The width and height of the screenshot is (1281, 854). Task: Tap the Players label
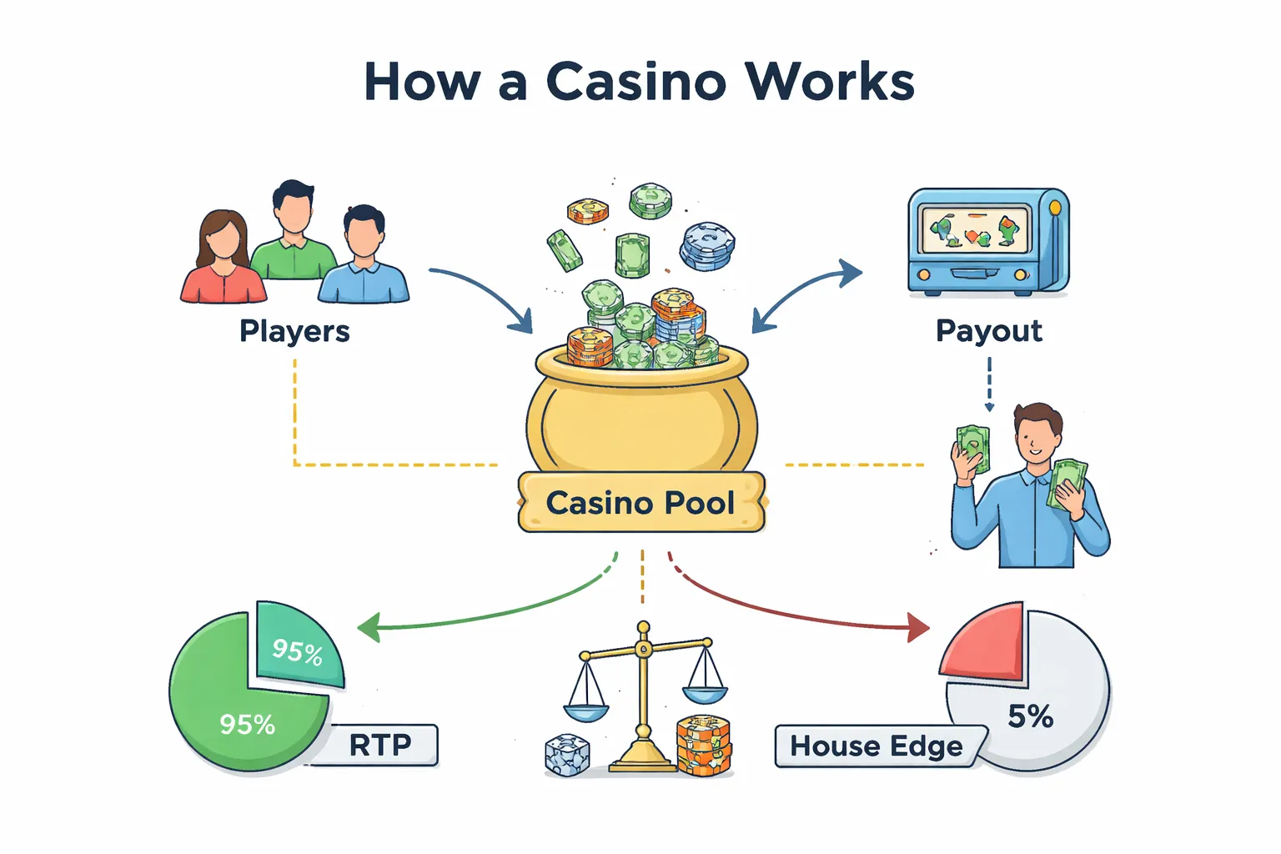pos(294,331)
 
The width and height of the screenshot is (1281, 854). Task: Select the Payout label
pos(988,331)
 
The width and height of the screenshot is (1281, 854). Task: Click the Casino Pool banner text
pos(640,503)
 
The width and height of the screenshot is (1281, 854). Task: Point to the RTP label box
pos(380,745)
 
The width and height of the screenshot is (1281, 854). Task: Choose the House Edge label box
pos(876,746)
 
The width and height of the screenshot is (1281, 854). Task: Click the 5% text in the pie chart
pos(1030,716)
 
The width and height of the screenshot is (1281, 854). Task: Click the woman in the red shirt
pos(223,259)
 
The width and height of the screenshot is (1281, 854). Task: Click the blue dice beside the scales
pos(566,756)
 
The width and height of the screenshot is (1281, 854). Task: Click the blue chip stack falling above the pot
pos(707,246)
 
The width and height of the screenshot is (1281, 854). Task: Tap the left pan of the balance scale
pos(585,711)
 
